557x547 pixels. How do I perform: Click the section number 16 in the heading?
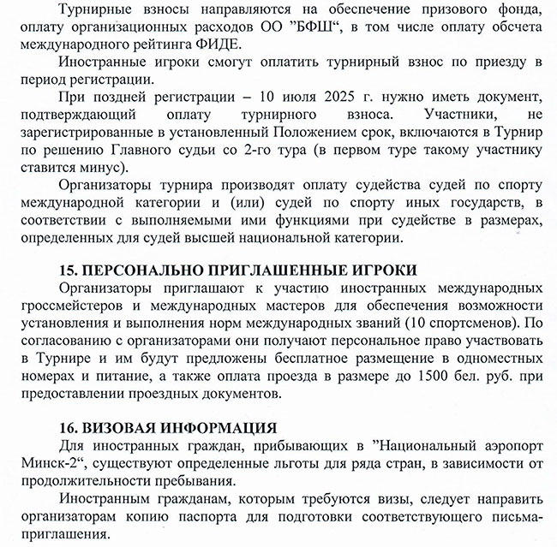[69, 427]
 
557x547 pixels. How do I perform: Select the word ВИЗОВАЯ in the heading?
[124, 427]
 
